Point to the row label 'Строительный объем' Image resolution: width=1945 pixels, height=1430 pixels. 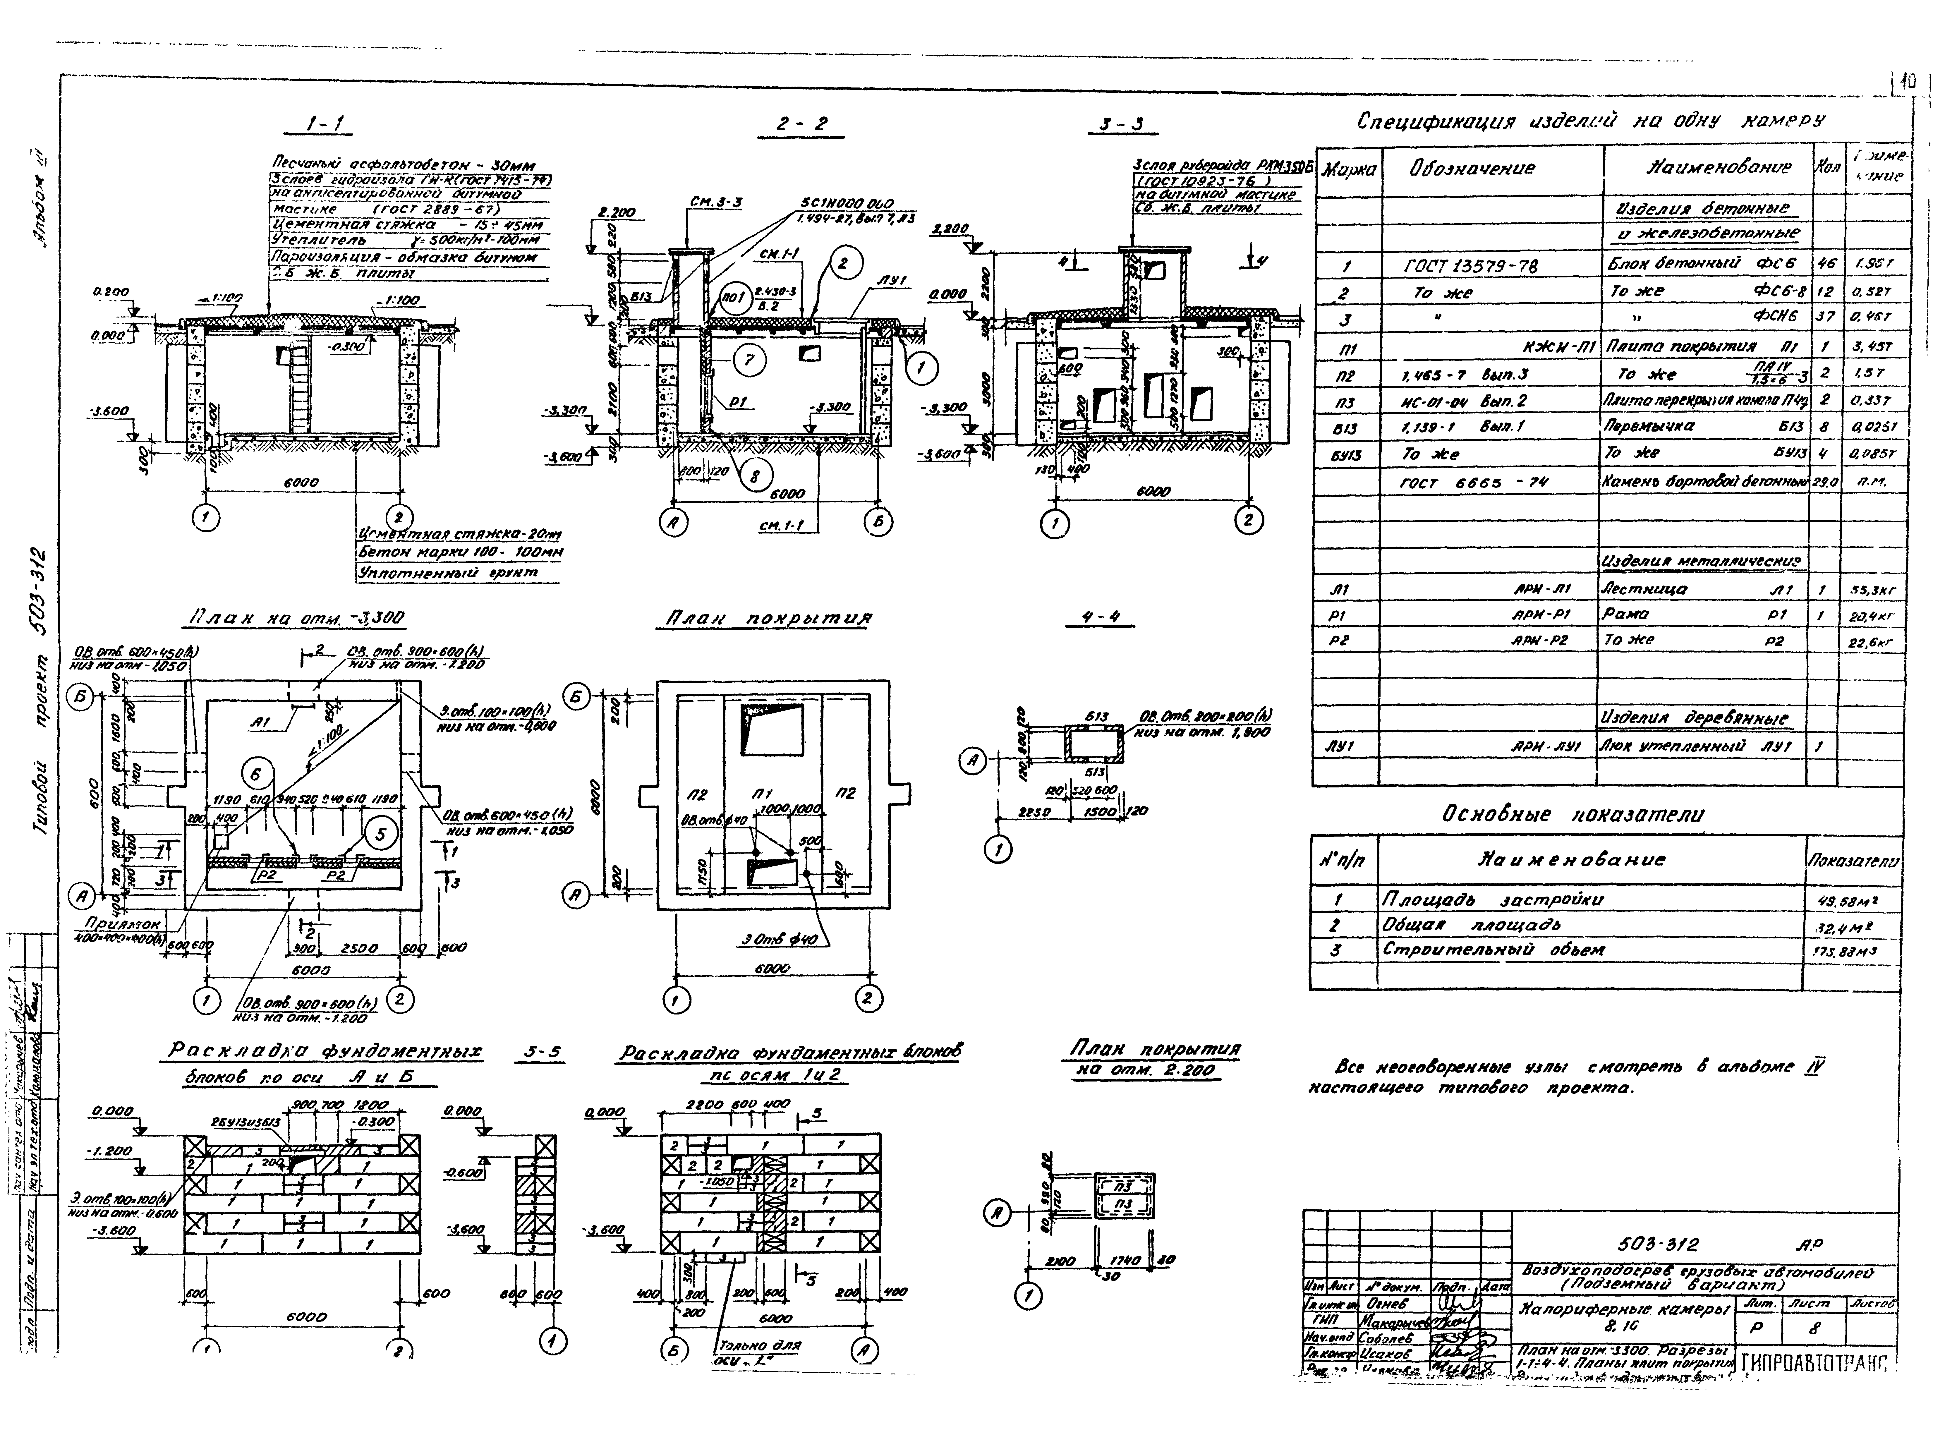pos(1493,950)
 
